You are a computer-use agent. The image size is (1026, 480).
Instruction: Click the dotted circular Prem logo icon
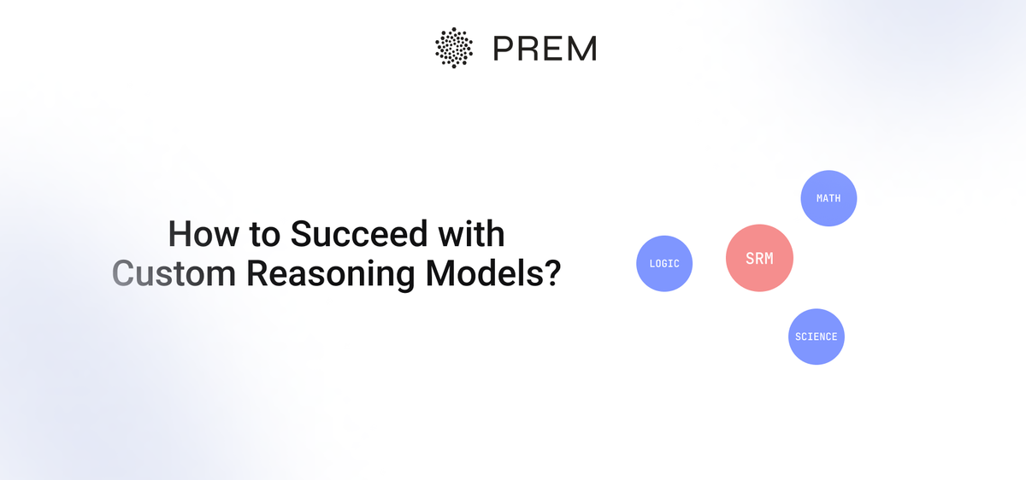click(x=454, y=47)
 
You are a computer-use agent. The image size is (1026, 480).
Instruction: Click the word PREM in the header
click(x=545, y=48)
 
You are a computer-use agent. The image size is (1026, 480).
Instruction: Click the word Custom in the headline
click(x=174, y=273)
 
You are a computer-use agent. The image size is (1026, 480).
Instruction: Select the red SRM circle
click(x=759, y=258)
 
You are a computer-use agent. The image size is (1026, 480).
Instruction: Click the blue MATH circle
click(x=828, y=198)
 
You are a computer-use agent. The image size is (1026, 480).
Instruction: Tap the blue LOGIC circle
click(x=664, y=264)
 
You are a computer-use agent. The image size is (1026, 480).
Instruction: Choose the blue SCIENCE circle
click(x=816, y=337)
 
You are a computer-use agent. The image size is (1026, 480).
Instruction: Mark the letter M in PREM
click(x=582, y=48)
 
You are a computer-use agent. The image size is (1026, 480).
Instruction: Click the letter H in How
click(x=178, y=234)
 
